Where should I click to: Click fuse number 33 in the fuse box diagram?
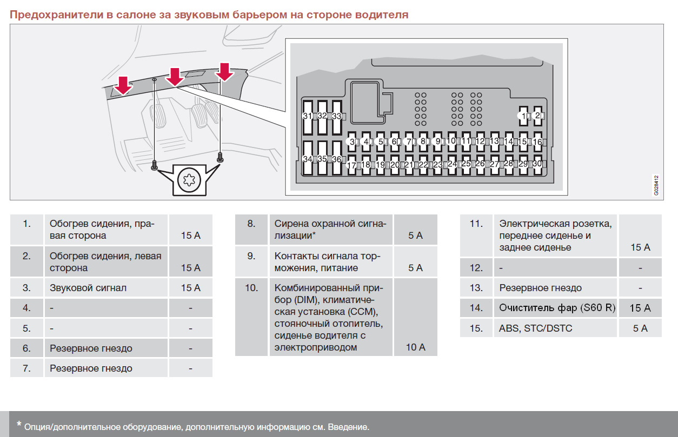coord(337,117)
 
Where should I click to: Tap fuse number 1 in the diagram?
coord(523,116)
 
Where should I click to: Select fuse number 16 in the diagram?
coord(537,142)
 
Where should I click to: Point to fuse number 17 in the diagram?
coord(351,165)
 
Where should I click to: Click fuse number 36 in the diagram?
coord(337,158)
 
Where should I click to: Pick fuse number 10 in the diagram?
coord(451,141)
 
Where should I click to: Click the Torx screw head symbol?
coord(189,180)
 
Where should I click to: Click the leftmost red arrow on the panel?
coord(123,86)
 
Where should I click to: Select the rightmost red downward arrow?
coord(224,72)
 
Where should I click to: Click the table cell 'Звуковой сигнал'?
coord(88,287)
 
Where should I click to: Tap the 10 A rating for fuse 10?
coord(415,347)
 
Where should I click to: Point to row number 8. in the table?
coord(251,224)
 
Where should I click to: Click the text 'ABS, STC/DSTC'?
coord(535,328)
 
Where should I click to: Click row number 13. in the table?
coord(476,287)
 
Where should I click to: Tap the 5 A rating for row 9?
coord(415,267)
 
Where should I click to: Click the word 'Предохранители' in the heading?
coord(56,15)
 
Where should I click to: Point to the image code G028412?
coord(656,185)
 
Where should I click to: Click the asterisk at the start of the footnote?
coord(19,423)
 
